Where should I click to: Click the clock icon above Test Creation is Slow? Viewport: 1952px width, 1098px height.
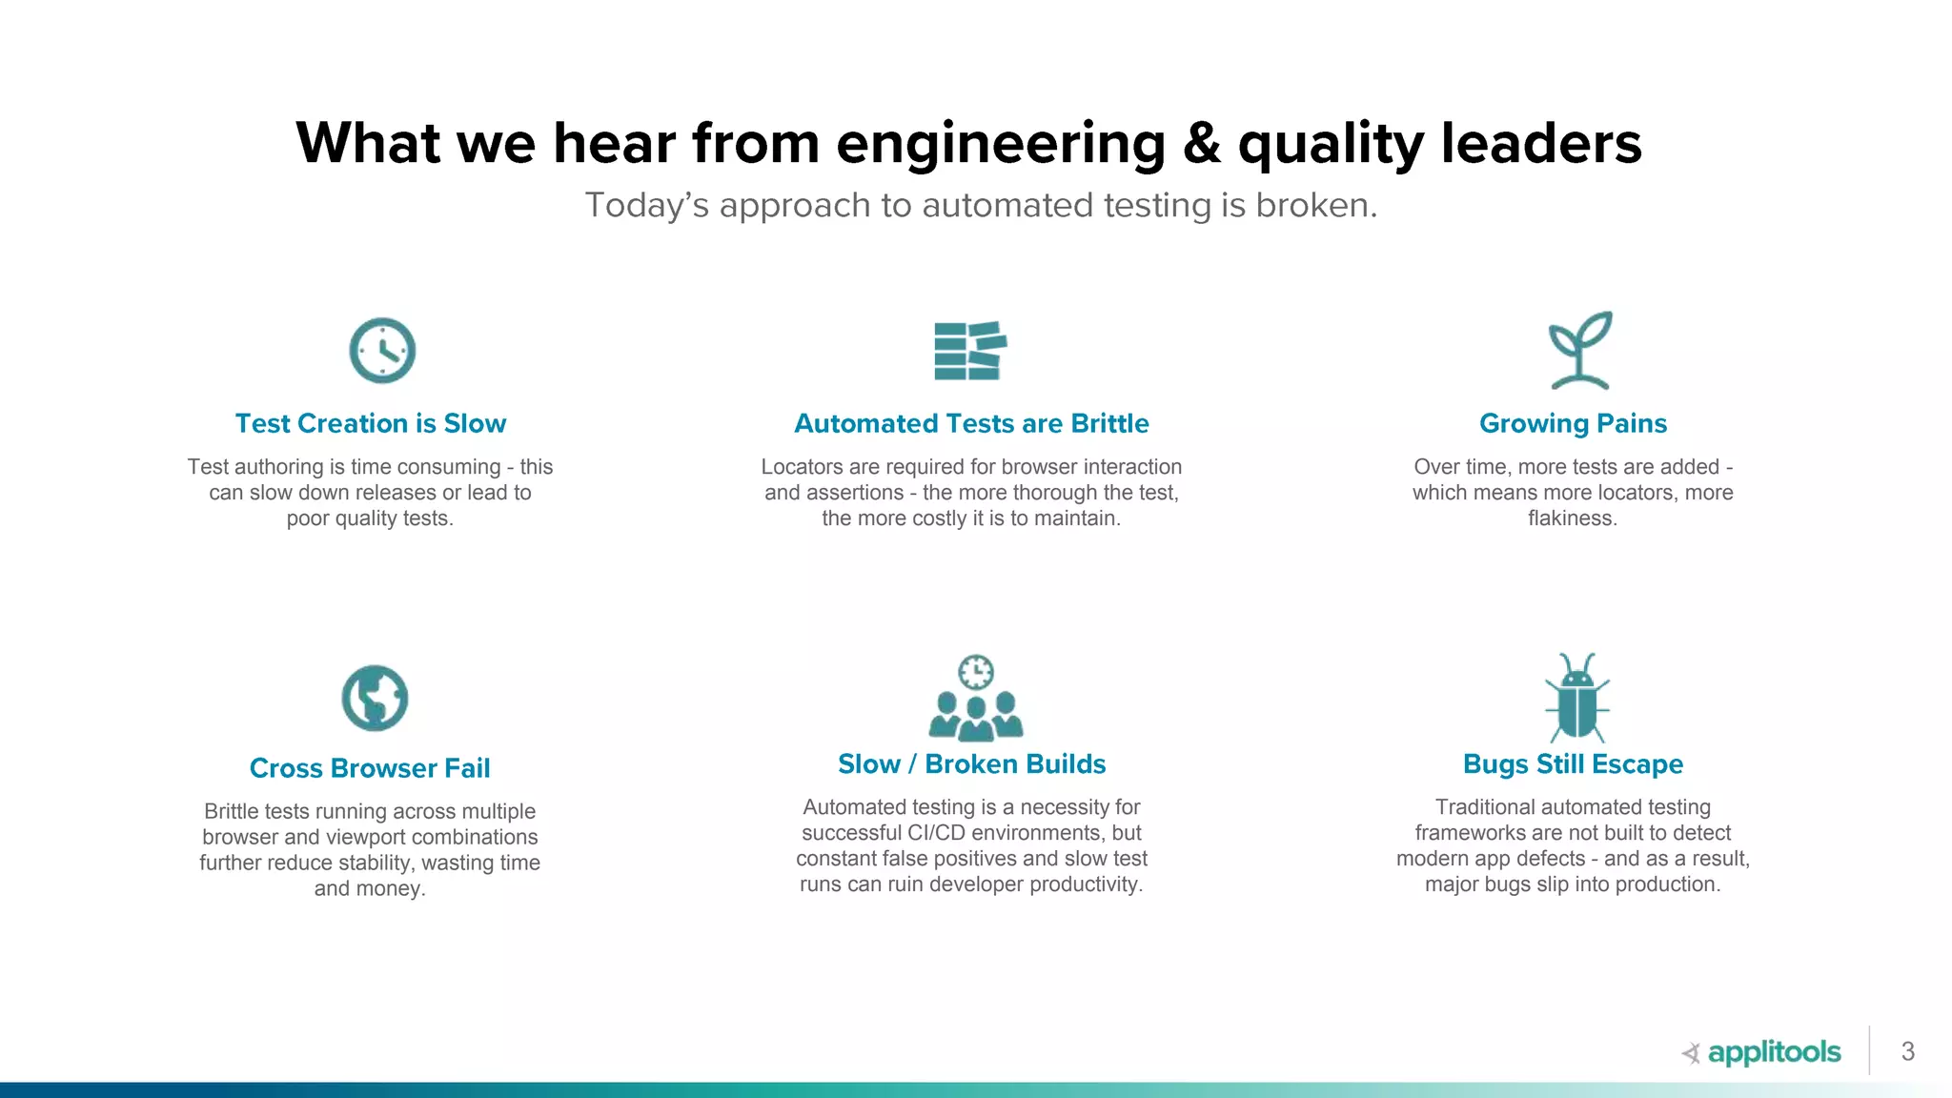click(382, 351)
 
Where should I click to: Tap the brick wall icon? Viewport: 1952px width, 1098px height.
click(970, 351)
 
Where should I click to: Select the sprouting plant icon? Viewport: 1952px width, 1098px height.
click(1579, 351)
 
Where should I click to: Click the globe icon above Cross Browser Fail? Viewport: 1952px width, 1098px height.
click(375, 698)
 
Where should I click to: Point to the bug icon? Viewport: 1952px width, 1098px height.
click(1577, 698)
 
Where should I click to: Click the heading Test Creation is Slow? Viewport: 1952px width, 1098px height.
click(371, 423)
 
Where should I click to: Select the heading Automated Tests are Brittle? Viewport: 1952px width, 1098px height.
click(971, 423)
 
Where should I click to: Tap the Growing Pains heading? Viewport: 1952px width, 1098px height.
click(1573, 423)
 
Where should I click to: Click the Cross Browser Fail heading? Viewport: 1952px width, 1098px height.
click(370, 768)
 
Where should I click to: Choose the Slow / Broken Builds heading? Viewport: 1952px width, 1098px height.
click(971, 764)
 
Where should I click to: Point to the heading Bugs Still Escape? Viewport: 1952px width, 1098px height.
click(1573, 764)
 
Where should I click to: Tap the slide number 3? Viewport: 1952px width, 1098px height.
click(1907, 1051)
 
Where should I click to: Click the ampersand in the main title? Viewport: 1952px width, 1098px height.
click(1202, 143)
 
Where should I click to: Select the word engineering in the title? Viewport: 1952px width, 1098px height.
click(1001, 145)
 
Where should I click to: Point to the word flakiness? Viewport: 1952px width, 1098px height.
click(1573, 518)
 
